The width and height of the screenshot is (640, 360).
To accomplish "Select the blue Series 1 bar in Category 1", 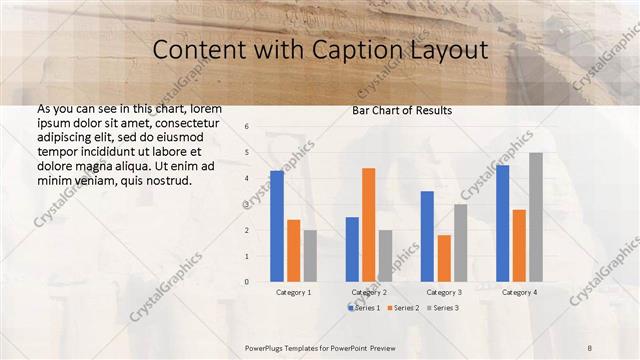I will pos(277,226).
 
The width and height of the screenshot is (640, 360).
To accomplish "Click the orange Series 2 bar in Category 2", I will pos(368,225).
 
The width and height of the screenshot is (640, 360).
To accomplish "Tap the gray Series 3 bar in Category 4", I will pos(536,217).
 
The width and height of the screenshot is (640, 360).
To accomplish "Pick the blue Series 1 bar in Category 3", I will pos(427,236).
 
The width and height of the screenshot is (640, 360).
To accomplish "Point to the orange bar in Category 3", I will pos(443,258).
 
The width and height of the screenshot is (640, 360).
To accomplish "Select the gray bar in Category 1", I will pos(310,256).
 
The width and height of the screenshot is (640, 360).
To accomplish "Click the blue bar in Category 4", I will pos(502,223).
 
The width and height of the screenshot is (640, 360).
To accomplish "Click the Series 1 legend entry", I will pos(365,307).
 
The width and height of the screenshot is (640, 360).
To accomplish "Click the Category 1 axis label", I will pos(293,292).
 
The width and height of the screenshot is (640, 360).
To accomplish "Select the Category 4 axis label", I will pos(519,292).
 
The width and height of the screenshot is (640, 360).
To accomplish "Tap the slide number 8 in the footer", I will pos(589,345).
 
